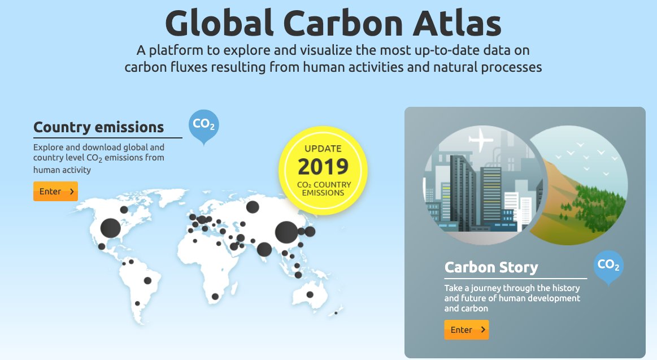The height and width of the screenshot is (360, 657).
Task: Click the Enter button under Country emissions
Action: click(x=55, y=192)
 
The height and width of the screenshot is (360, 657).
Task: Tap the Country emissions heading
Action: click(x=99, y=127)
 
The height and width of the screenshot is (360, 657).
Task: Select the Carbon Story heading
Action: click(x=491, y=267)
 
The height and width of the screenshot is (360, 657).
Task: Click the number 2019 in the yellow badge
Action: click(x=323, y=167)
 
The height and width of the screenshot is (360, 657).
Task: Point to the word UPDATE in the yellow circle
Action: click(x=323, y=149)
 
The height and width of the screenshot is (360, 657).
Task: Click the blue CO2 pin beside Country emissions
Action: click(x=203, y=124)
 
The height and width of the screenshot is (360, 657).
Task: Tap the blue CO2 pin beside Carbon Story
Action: click(x=608, y=264)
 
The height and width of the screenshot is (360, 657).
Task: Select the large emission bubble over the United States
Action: click(x=110, y=228)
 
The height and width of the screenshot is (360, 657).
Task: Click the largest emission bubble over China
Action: click(x=286, y=232)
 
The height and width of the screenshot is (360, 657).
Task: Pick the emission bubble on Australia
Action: click(x=310, y=294)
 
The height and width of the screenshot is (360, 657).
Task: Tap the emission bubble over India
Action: click(x=264, y=249)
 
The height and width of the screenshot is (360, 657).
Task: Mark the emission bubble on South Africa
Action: click(x=215, y=296)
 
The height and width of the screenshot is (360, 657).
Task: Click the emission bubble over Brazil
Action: click(x=147, y=280)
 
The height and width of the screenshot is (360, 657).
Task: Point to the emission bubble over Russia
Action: click(x=253, y=207)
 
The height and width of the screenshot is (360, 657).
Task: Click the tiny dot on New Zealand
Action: click(x=336, y=313)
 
